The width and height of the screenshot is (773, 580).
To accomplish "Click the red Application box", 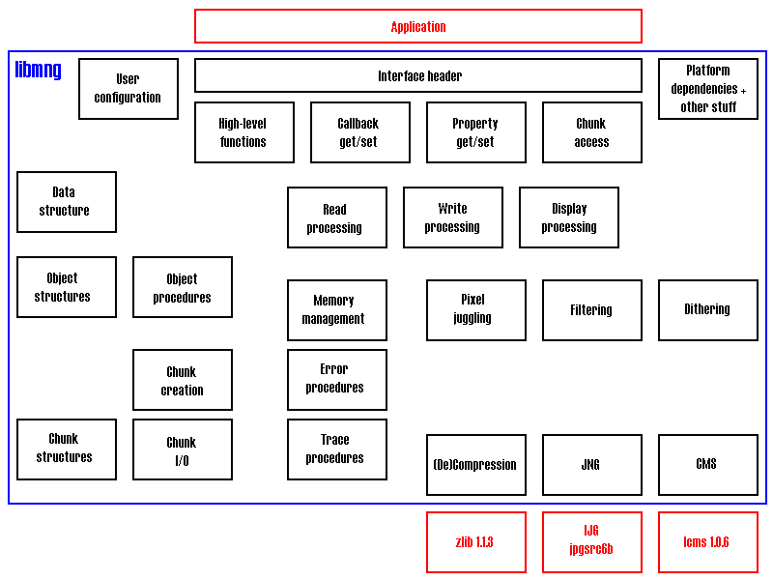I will [x=417, y=26].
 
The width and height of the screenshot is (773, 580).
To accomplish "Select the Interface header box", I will [x=417, y=75].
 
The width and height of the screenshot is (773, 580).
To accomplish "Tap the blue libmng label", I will [x=39, y=70].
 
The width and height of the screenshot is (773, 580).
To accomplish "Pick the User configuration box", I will [x=129, y=89].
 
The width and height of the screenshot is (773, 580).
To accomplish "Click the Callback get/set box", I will [x=358, y=132].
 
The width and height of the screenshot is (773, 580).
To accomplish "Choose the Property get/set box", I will [x=475, y=132].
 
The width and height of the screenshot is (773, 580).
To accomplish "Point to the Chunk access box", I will [x=591, y=132].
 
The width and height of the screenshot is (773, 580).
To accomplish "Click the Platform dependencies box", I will [x=707, y=89].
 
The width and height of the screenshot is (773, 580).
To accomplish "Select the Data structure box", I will [x=67, y=202].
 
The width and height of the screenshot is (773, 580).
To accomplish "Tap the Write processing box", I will [x=452, y=217].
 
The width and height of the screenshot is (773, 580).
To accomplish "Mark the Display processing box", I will [x=568, y=217].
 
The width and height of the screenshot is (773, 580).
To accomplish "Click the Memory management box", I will [x=336, y=310].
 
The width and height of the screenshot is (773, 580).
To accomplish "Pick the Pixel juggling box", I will [x=475, y=310].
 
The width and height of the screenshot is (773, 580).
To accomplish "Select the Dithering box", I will [x=707, y=310].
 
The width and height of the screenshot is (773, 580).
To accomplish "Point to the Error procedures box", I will [x=336, y=380].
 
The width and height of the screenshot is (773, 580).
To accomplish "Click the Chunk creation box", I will [x=182, y=380].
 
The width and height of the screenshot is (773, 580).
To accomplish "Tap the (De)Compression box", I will [x=475, y=465].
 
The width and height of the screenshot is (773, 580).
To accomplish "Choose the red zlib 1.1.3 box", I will [x=475, y=542].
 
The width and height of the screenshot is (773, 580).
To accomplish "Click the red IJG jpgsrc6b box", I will [x=591, y=542].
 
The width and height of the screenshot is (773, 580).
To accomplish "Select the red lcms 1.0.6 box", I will [x=707, y=542].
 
